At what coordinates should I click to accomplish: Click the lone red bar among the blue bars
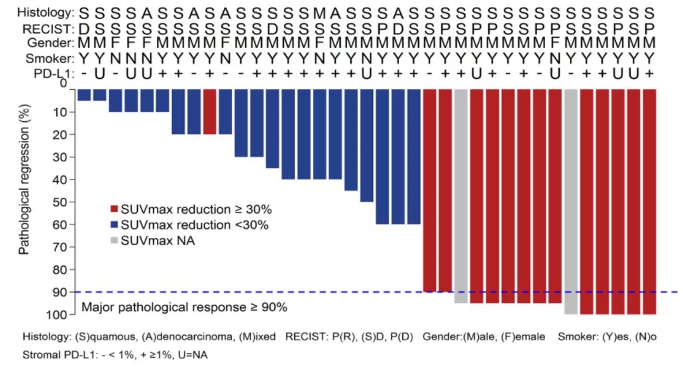click(x=210, y=111)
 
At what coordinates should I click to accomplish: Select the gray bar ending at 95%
click(x=461, y=196)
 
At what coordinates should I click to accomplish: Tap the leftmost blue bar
click(x=84, y=95)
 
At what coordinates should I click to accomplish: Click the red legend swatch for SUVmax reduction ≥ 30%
click(x=114, y=209)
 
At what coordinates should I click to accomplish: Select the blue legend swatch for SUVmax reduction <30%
click(x=114, y=224)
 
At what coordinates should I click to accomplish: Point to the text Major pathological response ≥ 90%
click(x=184, y=308)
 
